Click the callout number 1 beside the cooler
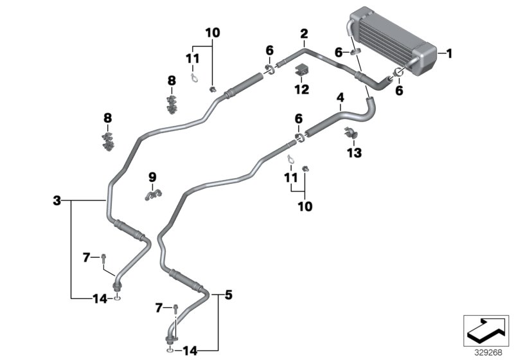(x=450, y=55)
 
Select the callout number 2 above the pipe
(x=304, y=33)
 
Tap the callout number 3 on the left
(x=57, y=201)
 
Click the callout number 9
(x=152, y=177)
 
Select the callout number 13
(x=354, y=153)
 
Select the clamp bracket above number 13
(x=352, y=134)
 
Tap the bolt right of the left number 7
(x=103, y=258)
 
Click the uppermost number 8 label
(x=172, y=80)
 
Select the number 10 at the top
(x=212, y=32)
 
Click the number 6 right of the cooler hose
(x=399, y=91)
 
